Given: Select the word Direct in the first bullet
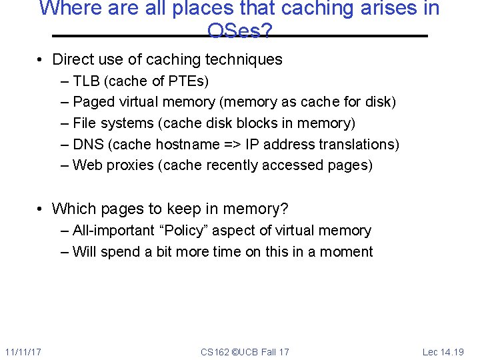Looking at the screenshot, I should [x=73, y=59].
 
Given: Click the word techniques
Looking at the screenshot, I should [x=249, y=59].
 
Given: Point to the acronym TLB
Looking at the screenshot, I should [x=86, y=81].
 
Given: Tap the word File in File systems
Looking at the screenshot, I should [x=84, y=123].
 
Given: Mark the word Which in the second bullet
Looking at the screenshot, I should [x=73, y=209].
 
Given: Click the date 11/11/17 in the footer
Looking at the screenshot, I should [x=23, y=351].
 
